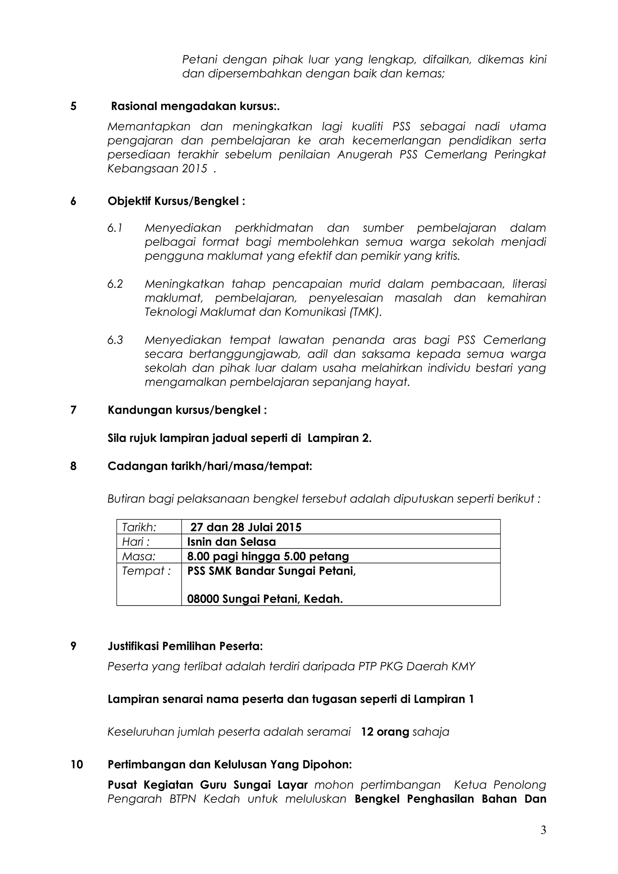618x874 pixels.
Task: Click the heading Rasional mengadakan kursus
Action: (195, 106)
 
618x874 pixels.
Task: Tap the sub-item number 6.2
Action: (115, 284)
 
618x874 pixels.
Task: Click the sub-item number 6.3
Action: (115, 340)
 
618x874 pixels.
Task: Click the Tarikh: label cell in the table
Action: (139, 527)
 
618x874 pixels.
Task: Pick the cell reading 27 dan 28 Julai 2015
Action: (246, 527)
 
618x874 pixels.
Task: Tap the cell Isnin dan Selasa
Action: (231, 542)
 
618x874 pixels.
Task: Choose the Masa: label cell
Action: (139, 556)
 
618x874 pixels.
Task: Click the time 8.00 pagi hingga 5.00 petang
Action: (268, 556)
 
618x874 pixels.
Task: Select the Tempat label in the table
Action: (146, 571)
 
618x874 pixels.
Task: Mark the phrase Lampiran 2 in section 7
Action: (339, 438)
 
